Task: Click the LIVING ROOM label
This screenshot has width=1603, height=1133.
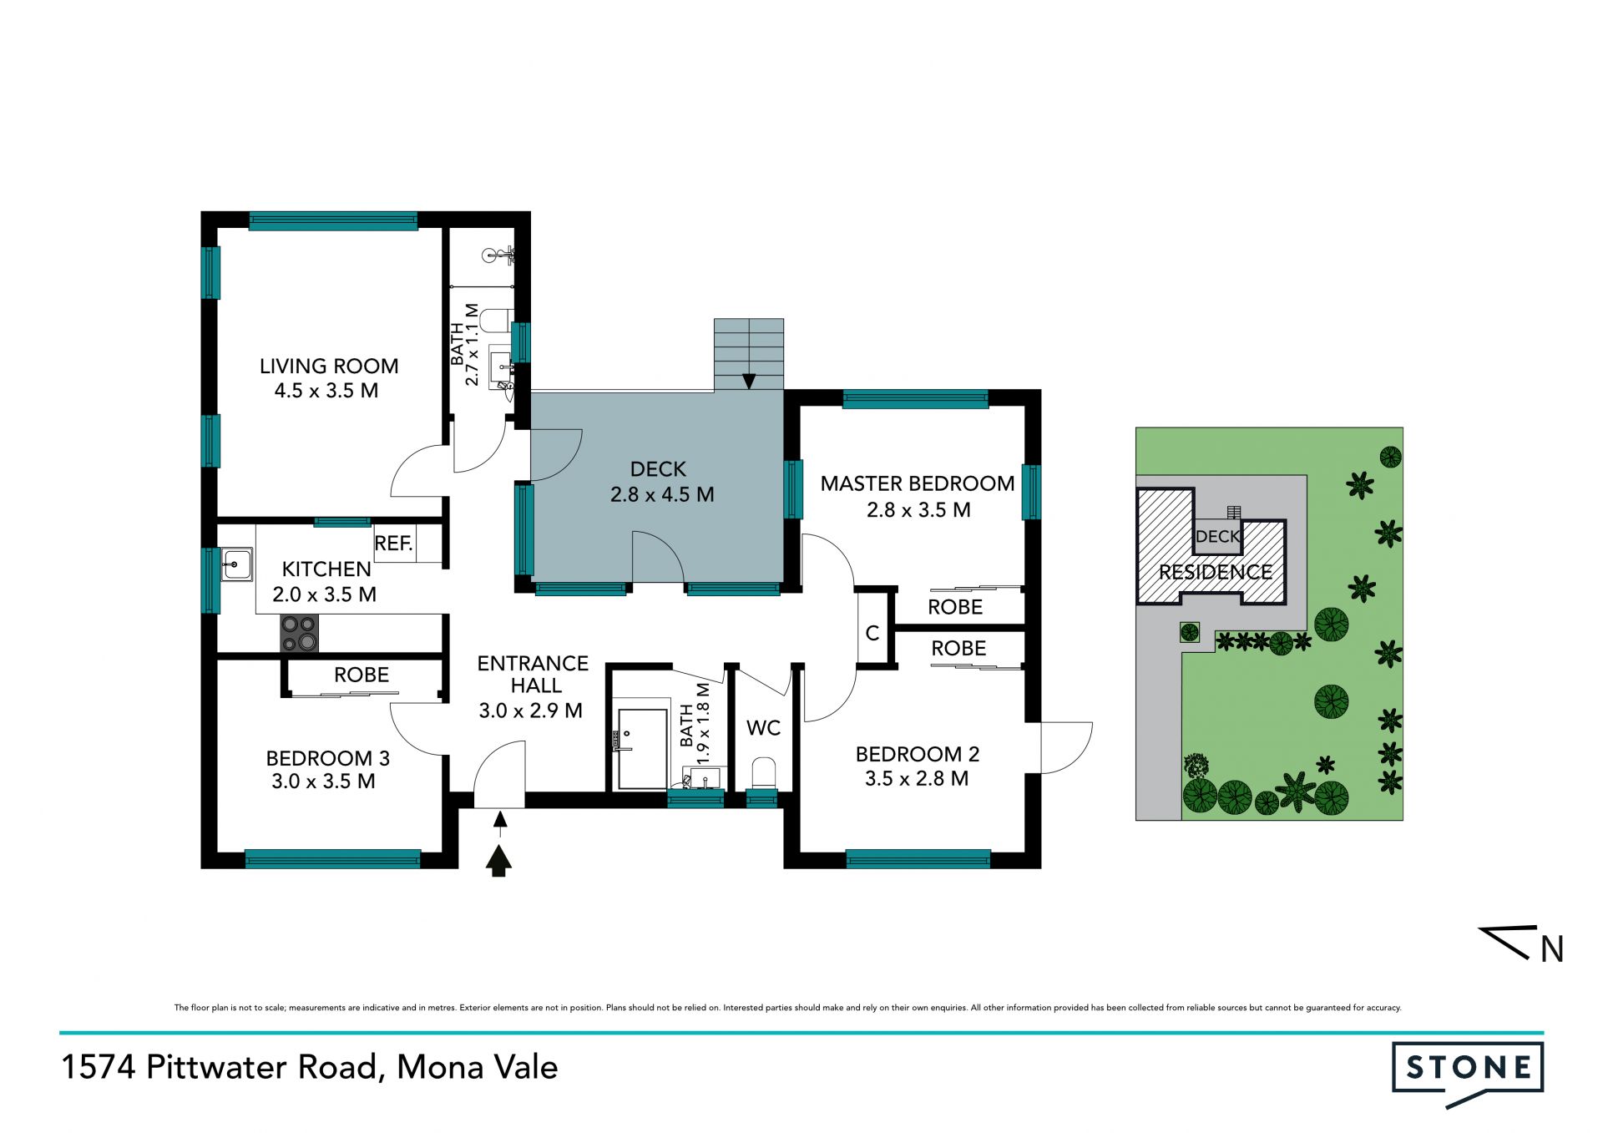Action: (x=329, y=366)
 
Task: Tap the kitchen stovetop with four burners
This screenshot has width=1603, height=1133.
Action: (x=299, y=633)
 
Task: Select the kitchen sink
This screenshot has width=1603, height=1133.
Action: (x=236, y=564)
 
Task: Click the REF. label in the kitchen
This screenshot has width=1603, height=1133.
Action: (x=394, y=544)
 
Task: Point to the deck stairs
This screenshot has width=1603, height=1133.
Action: (x=749, y=354)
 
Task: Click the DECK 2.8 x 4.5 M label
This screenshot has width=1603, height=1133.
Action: (x=661, y=482)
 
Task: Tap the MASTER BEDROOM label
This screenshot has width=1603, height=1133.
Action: (x=918, y=483)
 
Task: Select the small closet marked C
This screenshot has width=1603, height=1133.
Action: (x=873, y=633)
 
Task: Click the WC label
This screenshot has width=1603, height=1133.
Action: (x=763, y=728)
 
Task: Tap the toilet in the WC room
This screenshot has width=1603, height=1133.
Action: (x=764, y=772)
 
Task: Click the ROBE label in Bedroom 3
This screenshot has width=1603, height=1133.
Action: (x=362, y=675)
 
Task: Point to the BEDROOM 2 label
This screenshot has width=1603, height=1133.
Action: (x=918, y=754)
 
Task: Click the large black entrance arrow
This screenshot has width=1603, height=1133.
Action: (x=499, y=861)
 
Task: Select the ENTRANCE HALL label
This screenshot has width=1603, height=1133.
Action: (x=533, y=675)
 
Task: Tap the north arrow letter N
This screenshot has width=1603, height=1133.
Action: (x=1551, y=949)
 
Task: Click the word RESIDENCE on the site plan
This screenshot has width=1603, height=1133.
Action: (x=1216, y=572)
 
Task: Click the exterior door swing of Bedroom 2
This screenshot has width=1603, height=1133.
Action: (x=1066, y=747)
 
